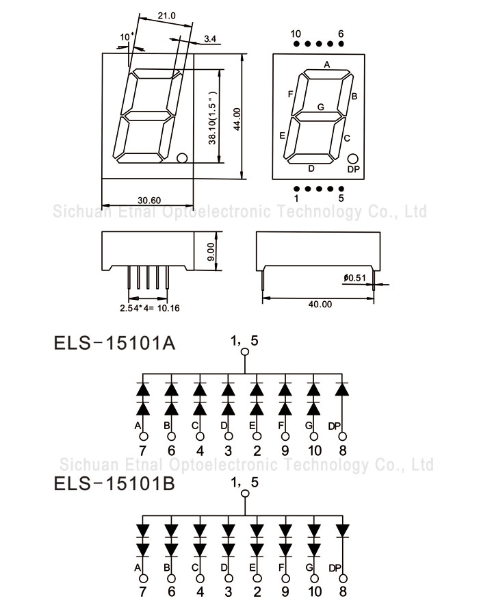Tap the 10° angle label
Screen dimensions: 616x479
[125, 36]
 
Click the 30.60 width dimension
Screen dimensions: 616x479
[148, 201]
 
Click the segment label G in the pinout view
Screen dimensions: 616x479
[320, 107]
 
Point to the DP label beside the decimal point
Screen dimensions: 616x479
[353, 169]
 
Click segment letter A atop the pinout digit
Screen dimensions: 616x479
[327, 65]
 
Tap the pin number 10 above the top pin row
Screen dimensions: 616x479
[296, 34]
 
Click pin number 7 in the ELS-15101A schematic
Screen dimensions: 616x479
[142, 450]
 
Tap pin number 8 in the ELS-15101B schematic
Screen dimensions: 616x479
[343, 591]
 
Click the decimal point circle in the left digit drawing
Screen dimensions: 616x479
[181, 159]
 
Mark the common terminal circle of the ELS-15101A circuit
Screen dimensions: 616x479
[244, 354]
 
